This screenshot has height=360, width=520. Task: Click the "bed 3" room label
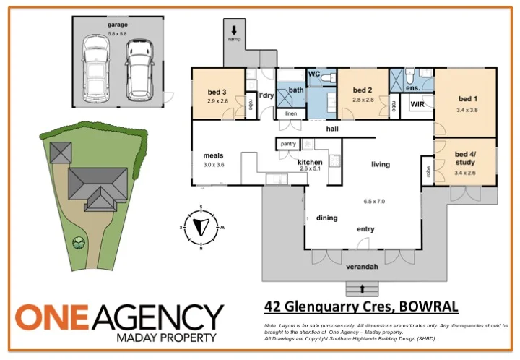pos(217,91)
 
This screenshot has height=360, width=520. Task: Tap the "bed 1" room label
pos(468,98)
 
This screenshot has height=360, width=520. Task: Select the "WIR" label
pos(417,105)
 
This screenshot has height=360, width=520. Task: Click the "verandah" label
pos(363,267)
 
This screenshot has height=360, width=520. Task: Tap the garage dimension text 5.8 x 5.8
pos(116,33)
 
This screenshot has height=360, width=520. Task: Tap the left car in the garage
pos(96,68)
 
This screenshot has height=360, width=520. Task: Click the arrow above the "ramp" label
pos(235,30)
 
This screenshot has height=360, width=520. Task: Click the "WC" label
pos(315,74)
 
